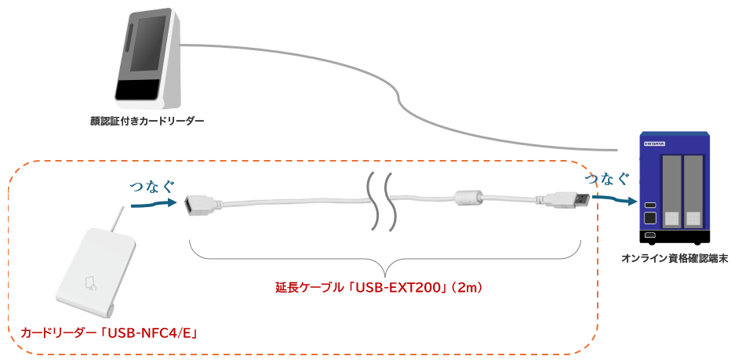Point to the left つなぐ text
pos(151,185)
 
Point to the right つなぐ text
pos(608,178)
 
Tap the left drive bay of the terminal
pos(672,193)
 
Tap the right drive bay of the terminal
pos(693,193)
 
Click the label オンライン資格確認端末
pos(675,258)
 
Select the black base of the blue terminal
pos(675,238)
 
